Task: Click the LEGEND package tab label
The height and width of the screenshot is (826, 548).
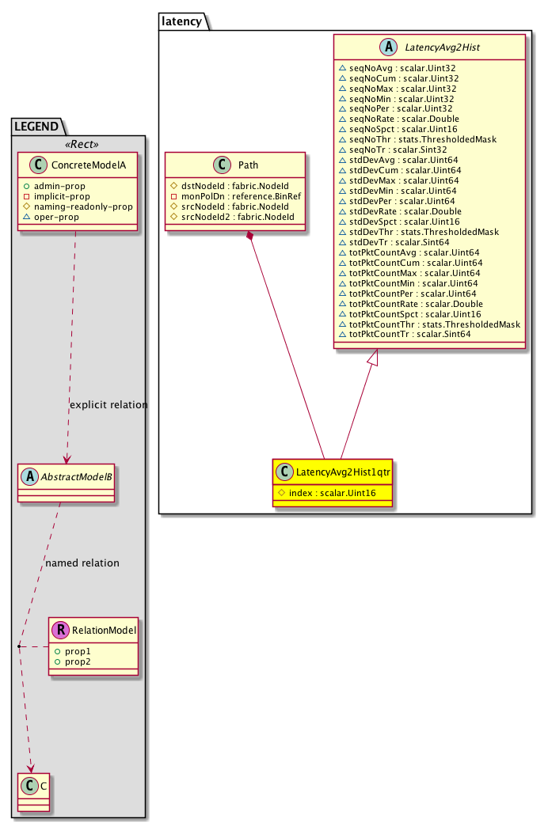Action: pos(36,127)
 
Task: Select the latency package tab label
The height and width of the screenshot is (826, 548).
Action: pos(181,21)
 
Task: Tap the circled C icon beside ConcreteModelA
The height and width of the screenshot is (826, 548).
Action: pos(39,165)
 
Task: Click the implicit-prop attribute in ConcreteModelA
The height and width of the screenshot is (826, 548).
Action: pos(57,196)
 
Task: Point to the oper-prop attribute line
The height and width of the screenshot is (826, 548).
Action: pos(51,217)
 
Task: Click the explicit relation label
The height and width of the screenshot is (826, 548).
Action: pos(108,404)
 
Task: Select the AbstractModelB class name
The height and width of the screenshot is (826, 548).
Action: pos(77,477)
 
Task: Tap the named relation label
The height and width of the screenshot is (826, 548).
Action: pos(82,563)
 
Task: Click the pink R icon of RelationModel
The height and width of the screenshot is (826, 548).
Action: pos(61,630)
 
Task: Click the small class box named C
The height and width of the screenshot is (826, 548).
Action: pos(34,792)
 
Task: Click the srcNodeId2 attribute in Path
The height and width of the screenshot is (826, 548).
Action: pos(233,217)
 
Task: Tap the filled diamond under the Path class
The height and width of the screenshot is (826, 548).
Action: pos(249,236)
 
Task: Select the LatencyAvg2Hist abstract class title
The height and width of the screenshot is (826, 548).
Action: pos(442,47)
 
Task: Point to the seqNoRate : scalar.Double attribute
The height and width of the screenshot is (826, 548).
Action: pos(399,119)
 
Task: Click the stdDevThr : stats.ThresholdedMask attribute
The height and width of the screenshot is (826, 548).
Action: pos(419,232)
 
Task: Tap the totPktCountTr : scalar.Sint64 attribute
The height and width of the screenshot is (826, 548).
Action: pos(405,334)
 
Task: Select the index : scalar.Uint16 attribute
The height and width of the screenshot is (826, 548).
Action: pos(327,493)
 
